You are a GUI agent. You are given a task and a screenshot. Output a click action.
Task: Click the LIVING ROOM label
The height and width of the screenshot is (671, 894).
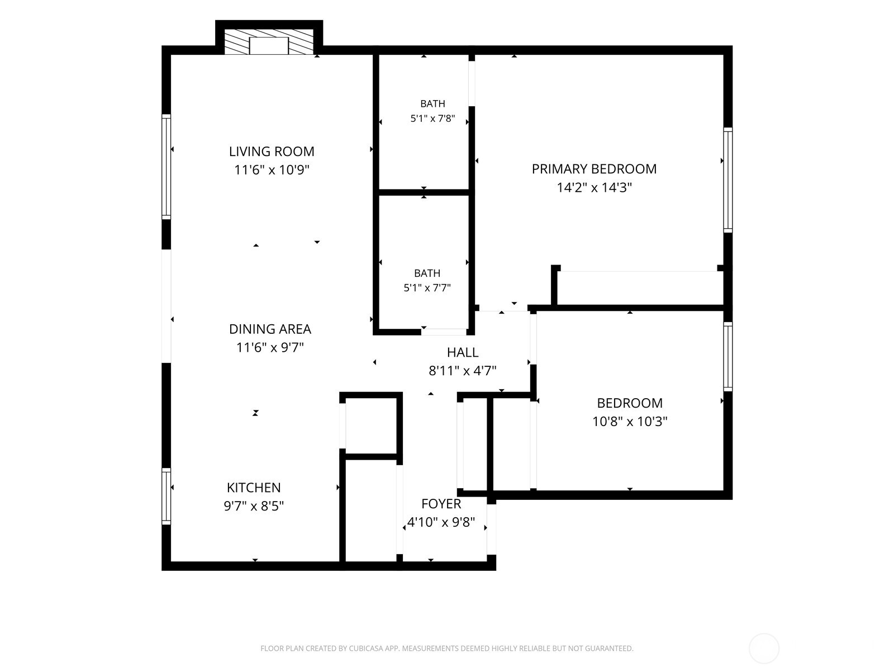[272, 152]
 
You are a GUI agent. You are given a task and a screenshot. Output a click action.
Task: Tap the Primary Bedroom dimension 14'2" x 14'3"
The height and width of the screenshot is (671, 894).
[595, 187]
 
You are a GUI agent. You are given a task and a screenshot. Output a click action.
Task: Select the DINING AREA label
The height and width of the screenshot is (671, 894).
[270, 329]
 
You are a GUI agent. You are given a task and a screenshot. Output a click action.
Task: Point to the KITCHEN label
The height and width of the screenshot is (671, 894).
[254, 488]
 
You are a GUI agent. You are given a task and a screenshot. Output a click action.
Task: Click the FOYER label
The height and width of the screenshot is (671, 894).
[441, 504]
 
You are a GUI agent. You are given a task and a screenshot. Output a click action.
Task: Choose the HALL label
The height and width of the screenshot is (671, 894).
[463, 352]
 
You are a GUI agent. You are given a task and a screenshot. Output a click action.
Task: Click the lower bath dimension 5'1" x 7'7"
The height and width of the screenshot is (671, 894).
[427, 288]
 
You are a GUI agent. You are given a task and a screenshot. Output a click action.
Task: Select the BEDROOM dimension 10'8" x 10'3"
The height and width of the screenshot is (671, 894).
[630, 421]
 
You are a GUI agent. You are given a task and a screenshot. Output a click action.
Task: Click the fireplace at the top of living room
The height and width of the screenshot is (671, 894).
[269, 41]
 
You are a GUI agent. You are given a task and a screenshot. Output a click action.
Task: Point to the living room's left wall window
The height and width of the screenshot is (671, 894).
[166, 167]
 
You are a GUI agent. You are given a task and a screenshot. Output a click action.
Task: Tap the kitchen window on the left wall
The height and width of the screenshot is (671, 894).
[166, 496]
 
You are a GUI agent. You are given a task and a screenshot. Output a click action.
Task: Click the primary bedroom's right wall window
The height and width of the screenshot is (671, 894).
[728, 180]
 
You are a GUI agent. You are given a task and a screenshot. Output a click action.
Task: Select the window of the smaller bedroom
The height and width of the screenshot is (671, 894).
[728, 357]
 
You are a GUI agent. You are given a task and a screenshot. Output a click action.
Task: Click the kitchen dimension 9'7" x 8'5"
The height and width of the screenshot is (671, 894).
[254, 506]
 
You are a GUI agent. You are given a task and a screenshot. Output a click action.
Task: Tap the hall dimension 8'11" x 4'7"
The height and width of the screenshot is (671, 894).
[463, 371]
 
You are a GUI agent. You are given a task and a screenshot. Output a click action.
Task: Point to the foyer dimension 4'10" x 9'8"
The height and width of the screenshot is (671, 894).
[441, 522]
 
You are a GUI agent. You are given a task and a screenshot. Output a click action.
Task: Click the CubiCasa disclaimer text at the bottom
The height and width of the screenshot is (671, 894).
[447, 648]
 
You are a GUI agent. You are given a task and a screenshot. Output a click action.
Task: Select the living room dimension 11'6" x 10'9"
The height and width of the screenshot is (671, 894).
[272, 170]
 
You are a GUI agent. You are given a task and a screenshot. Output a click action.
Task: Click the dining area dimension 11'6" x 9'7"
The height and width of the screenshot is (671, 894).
[270, 347]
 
